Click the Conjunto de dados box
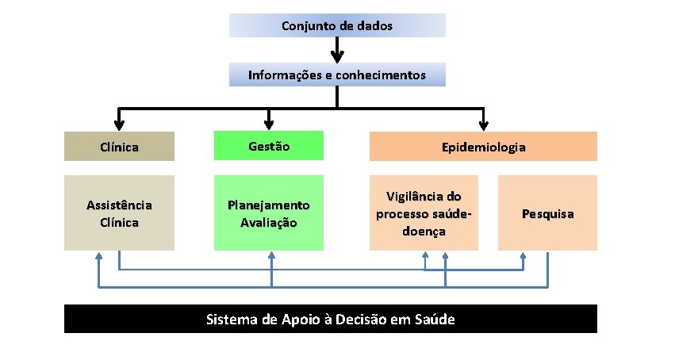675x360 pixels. (337, 25)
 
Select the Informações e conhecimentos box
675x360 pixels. (337, 75)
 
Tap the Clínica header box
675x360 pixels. (119, 147)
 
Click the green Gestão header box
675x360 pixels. (269, 146)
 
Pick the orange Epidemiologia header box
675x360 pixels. (483, 147)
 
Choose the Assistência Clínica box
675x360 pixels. (119, 213)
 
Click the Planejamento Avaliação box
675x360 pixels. (269, 213)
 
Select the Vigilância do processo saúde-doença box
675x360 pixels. (424, 213)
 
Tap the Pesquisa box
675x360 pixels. (547, 213)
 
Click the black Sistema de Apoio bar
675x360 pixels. (330, 320)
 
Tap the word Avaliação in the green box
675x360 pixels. (269, 223)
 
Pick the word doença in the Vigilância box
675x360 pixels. (424, 232)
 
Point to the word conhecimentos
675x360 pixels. (380, 75)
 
